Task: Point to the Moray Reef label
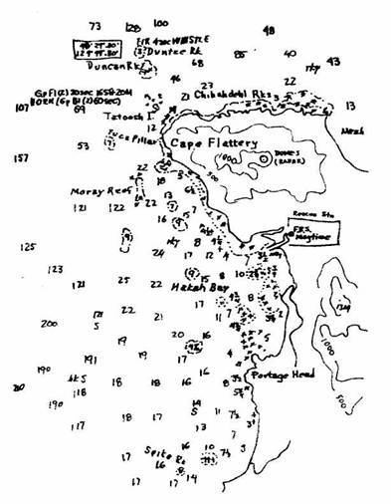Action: click(97, 187)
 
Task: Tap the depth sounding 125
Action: click(28, 246)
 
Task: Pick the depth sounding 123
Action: click(56, 269)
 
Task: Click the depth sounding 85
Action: click(240, 53)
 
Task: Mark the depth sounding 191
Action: click(89, 360)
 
